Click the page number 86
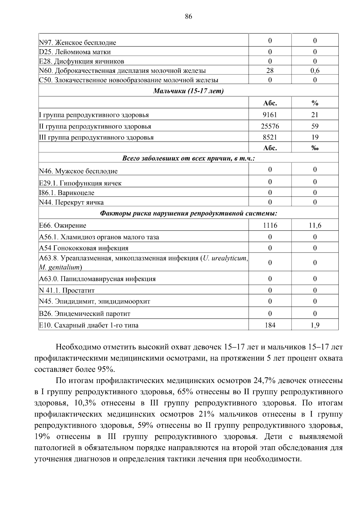coord(188,16)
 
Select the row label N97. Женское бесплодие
coord(78,43)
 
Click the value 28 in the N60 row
coord(270,71)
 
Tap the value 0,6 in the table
coord(315,71)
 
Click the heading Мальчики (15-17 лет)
coord(188,91)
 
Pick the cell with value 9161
coord(270,115)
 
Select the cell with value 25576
coord(270,126)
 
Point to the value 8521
coord(270,137)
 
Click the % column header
coord(315,103)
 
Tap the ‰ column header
coord(315,148)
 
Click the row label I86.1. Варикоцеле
coord(67,193)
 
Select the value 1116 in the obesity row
coord(270,225)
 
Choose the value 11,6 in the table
coord(315,225)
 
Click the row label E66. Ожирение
coord(63,225)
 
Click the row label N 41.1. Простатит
coord(67,290)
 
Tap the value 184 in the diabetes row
coord(270,325)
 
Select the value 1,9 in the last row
coord(315,325)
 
